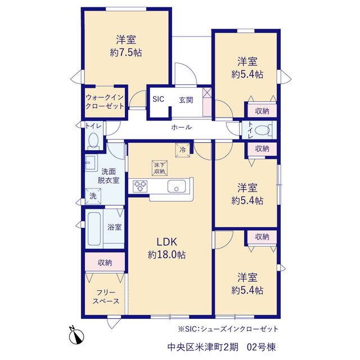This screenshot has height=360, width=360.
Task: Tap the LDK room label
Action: pyautogui.click(x=167, y=242)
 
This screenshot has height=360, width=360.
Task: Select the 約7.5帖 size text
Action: pyautogui.click(x=126, y=52)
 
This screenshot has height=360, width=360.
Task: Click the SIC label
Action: pyautogui.click(x=158, y=99)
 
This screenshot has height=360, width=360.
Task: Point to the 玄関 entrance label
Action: pyautogui.click(x=186, y=100)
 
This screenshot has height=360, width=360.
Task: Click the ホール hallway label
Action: pyautogui.click(x=181, y=127)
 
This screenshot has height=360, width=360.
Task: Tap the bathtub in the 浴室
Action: pyautogui.click(x=94, y=229)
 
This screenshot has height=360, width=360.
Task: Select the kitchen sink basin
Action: pyautogui.click(x=176, y=186)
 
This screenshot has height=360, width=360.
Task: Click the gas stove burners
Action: pyautogui.click(x=140, y=186)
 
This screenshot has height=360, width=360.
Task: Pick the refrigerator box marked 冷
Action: pyautogui.click(x=183, y=150)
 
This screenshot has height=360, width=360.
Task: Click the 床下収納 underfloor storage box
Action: pyautogui.click(x=160, y=168)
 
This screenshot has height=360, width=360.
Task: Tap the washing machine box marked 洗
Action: pyautogui.click(x=93, y=196)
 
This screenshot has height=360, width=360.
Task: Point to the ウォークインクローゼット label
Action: pyautogui.click(x=105, y=102)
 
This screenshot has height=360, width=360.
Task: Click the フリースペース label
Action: pyautogui.click(x=106, y=297)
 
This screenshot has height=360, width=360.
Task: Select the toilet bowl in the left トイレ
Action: pyautogui.click(x=93, y=140)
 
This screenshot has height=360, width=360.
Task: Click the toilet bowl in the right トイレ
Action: pyautogui.click(x=262, y=130)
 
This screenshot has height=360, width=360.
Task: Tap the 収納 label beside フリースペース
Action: pyautogui.click(x=105, y=263)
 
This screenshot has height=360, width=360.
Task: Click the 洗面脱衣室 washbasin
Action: pyautogui.click(x=91, y=163)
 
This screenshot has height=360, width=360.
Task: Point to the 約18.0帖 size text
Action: pyautogui.click(x=167, y=255)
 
